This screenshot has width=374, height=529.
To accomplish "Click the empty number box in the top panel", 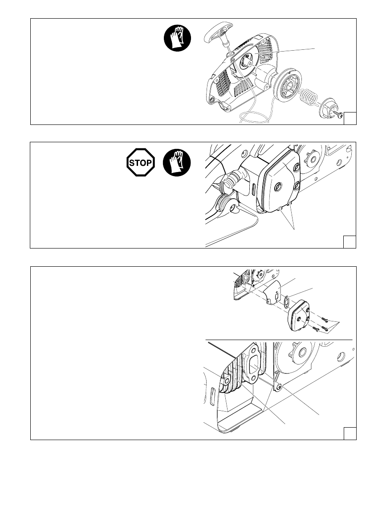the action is pos(350,118).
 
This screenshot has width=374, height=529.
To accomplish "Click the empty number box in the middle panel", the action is pos(350,241).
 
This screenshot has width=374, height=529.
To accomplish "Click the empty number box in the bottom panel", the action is pos(350,433).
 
